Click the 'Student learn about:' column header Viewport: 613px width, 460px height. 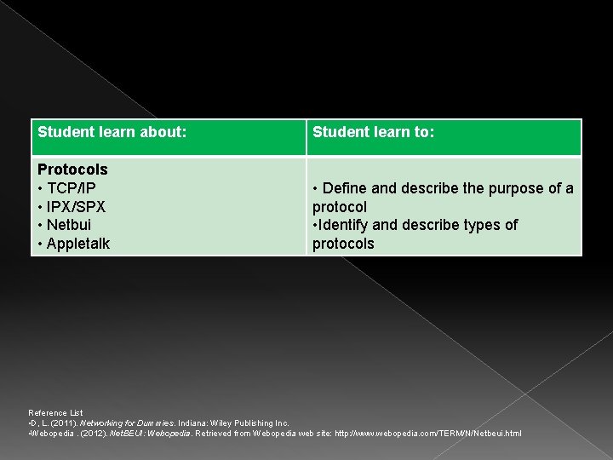click(x=112, y=133)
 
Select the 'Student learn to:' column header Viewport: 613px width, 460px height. click(x=373, y=133)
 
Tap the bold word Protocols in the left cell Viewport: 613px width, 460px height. click(x=72, y=170)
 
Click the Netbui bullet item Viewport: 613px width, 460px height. click(x=68, y=226)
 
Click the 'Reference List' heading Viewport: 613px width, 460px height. click(x=55, y=413)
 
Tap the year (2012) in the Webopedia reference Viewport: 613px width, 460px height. click(x=92, y=434)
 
